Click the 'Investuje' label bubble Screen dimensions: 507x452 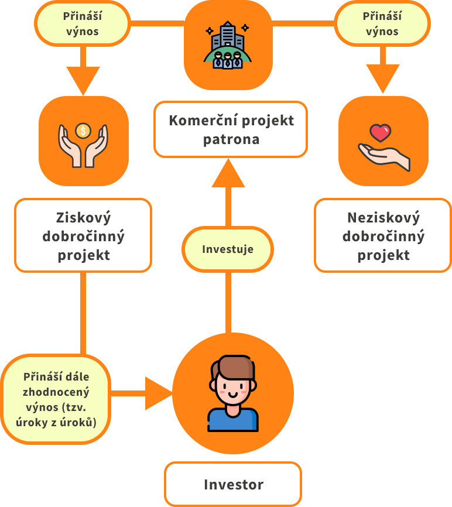tap(228, 249)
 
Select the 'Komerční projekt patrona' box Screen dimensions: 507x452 tap(231, 129)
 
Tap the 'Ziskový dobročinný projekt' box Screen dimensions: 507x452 tap(83, 235)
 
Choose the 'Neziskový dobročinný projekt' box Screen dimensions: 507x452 tap(383, 235)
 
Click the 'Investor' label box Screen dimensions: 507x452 tap(233, 484)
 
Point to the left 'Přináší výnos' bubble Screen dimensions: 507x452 tap(82, 23)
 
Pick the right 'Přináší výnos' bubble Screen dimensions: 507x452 tap(382, 23)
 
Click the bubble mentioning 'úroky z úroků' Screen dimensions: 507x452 tap(56, 399)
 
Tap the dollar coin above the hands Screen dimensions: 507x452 tap(84, 130)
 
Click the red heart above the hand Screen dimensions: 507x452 tap(381, 132)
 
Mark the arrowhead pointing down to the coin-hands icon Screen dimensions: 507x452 tap(83, 80)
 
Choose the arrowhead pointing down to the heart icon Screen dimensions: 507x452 tap(383, 78)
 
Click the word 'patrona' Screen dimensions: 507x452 tap(231, 140)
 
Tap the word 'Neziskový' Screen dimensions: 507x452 tap(383, 218)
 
